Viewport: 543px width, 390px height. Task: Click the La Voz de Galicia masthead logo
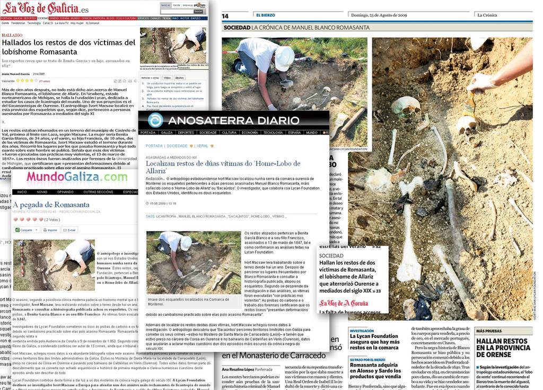pyautogui.click(x=45, y=8)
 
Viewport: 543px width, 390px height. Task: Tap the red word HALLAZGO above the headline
pyautogui.click(x=12, y=35)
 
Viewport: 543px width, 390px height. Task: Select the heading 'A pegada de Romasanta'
pyautogui.click(x=51, y=205)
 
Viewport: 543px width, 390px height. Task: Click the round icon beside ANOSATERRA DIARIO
pyautogui.click(x=155, y=120)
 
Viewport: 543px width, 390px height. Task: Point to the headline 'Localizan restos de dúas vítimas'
pyautogui.click(x=223, y=168)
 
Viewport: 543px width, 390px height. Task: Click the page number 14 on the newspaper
pyautogui.click(x=225, y=16)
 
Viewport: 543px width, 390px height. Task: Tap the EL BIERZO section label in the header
pyautogui.click(x=265, y=15)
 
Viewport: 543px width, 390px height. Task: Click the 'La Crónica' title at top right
pyautogui.click(x=487, y=15)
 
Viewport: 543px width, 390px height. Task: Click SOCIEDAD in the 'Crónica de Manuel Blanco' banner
pyautogui.click(x=237, y=28)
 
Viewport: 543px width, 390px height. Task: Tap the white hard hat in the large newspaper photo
pyautogui.click(x=284, y=58)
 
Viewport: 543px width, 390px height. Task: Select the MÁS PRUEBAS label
pyautogui.click(x=488, y=331)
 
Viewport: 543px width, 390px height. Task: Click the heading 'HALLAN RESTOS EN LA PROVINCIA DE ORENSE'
pyautogui.click(x=503, y=348)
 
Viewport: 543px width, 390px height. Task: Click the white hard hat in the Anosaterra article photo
pyautogui.click(x=186, y=243)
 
